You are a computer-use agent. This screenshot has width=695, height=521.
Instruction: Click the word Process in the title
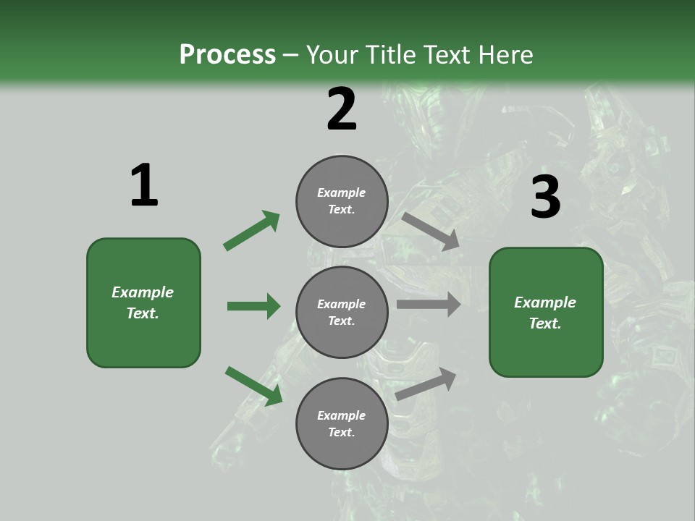click(227, 55)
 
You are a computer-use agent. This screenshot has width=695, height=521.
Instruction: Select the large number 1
click(144, 186)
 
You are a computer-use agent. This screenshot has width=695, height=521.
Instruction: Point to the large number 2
click(342, 109)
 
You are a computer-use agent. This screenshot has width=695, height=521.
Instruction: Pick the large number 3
click(545, 198)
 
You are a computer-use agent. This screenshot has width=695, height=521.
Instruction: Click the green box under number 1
click(143, 302)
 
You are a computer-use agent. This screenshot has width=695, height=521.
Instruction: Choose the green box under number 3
click(546, 313)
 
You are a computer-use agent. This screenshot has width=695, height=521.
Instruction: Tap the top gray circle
click(342, 201)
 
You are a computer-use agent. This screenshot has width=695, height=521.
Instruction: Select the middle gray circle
click(342, 313)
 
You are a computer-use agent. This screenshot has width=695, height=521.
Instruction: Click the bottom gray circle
click(342, 424)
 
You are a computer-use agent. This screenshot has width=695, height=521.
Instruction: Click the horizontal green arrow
click(253, 306)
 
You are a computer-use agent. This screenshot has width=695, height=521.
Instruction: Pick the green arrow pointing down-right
click(253, 386)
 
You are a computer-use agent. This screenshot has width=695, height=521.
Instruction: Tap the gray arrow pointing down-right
click(431, 231)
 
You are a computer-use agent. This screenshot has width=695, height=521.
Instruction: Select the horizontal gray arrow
click(428, 305)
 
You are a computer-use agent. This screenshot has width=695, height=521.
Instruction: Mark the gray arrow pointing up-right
click(426, 384)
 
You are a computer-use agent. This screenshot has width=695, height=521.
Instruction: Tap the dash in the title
click(291, 55)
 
